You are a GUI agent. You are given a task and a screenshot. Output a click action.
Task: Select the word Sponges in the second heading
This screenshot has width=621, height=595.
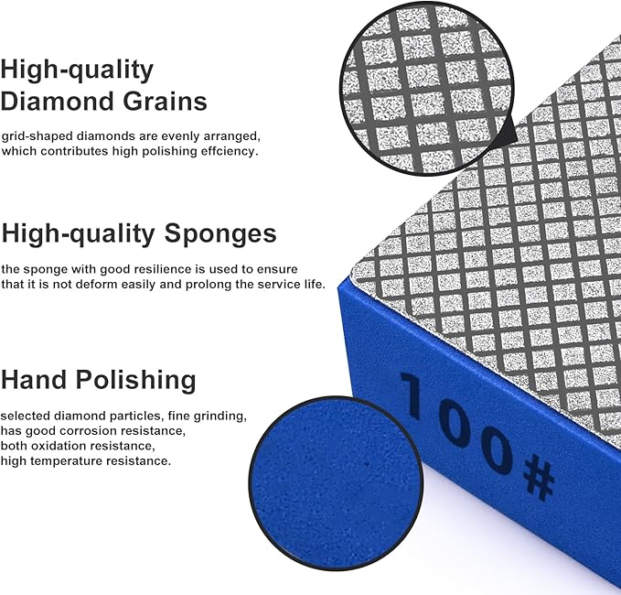tap(220, 233)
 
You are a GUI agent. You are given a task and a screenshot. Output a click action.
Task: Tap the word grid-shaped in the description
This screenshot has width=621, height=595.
tap(34, 135)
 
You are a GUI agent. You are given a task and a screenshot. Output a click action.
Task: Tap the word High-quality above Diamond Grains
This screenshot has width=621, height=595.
tap(77, 69)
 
